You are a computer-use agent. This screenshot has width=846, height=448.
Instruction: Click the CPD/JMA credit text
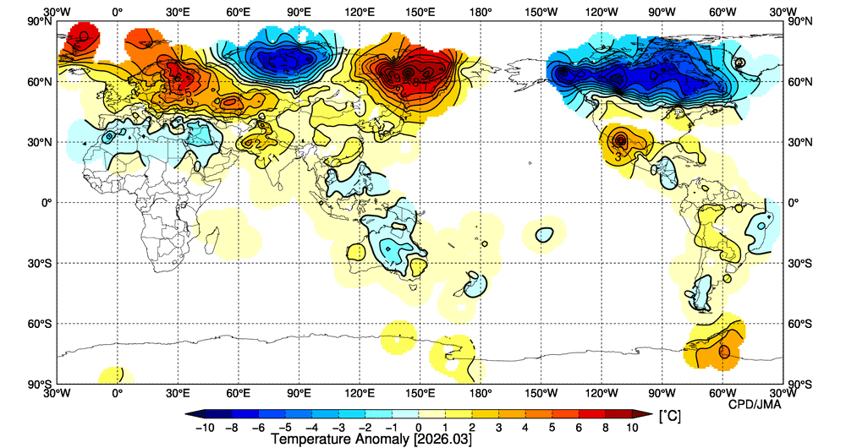755,404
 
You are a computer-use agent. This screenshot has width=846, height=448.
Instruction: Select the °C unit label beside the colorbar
669,417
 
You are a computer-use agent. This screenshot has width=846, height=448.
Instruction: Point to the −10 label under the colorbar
203,429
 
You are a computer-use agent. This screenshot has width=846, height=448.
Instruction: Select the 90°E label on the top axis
299,13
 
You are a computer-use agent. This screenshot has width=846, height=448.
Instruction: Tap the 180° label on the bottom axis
481,393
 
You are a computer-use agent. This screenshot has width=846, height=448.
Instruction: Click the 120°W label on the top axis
602,13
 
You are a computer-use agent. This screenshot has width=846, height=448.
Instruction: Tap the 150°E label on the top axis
420,13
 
